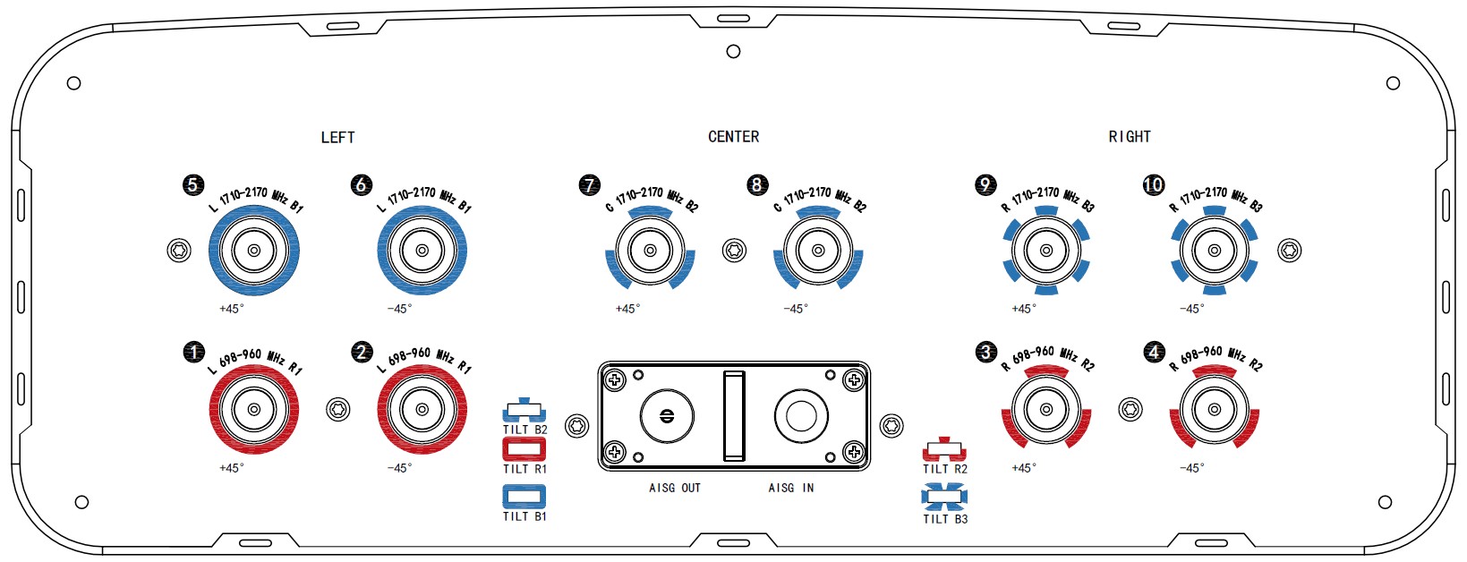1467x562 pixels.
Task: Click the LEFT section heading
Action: click(338, 138)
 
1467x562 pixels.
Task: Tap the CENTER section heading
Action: click(734, 137)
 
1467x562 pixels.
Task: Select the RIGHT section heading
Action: click(1130, 137)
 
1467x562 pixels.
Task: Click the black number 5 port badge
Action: click(193, 184)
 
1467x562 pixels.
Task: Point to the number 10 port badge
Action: click(1154, 184)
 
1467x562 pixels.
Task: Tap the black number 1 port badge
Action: click(194, 353)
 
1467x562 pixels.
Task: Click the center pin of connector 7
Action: click(651, 251)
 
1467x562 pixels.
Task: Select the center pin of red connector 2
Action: click(422, 409)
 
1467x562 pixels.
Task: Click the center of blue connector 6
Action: click(422, 251)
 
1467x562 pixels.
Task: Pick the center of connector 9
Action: click(1046, 251)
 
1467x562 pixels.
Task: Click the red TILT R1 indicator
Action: click(524, 449)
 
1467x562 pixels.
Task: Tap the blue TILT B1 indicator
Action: click(524, 497)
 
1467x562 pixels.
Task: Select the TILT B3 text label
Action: click(945, 519)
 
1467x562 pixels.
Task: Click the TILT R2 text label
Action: click(945, 469)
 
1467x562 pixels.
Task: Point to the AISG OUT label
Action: click(675, 488)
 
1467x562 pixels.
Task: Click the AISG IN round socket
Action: click(801, 416)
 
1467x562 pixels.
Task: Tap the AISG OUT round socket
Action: click(667, 416)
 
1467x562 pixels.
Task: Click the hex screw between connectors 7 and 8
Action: click(734, 251)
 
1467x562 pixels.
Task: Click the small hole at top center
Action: click(734, 51)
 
